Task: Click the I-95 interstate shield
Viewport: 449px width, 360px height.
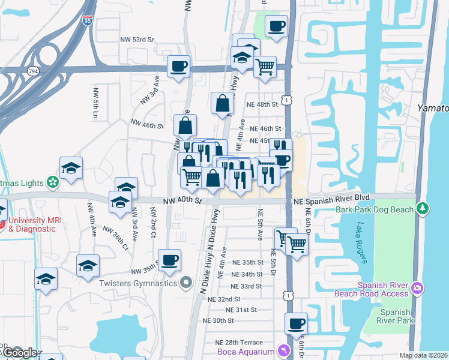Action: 88,20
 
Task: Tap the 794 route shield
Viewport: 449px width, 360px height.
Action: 32,71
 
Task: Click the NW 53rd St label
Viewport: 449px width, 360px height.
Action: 135,40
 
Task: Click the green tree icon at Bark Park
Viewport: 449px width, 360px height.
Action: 424,208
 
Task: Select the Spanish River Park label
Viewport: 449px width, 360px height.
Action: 395,316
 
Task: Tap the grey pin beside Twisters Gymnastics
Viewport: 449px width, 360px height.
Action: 186,283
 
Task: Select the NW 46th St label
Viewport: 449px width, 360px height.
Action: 147,125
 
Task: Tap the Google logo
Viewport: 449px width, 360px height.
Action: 20,353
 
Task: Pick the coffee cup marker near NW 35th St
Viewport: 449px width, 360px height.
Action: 170,260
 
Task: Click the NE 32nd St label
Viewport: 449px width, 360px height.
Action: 224,299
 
